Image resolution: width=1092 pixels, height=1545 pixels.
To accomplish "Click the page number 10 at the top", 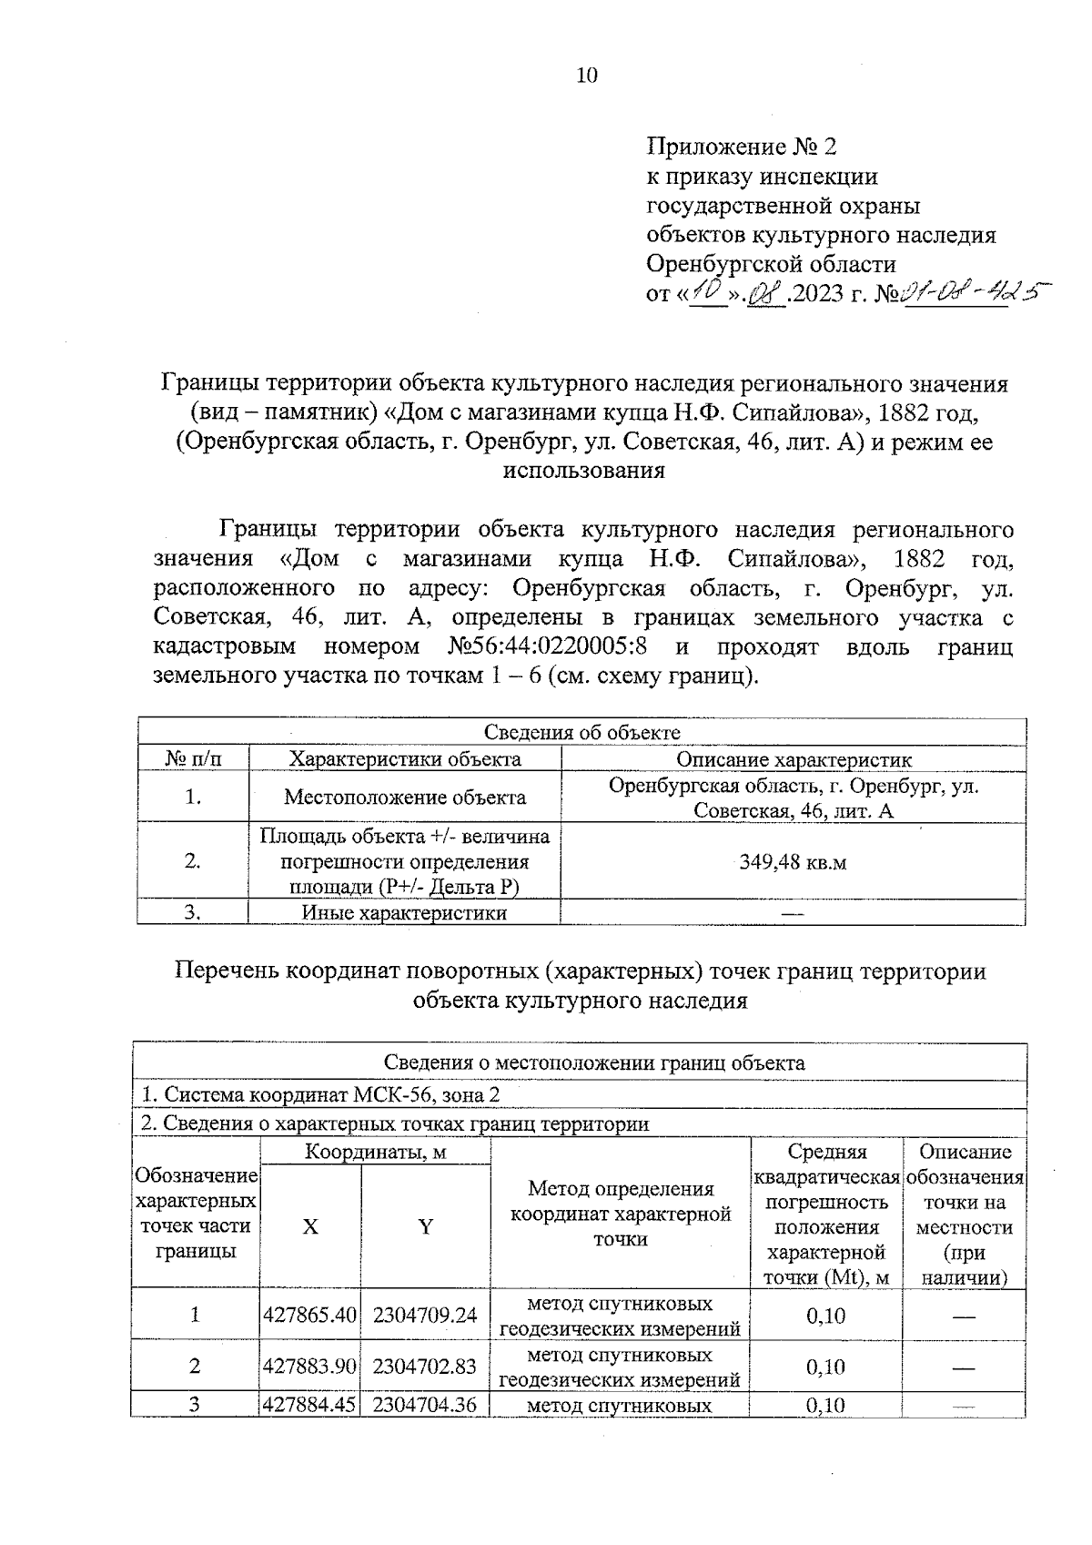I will tap(587, 76).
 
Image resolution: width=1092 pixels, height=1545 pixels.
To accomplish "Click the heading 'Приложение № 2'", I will tap(741, 147).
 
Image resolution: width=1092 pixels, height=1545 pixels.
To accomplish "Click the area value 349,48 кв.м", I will tap(793, 862).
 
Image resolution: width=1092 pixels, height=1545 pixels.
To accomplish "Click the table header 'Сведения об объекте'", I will tap(581, 733).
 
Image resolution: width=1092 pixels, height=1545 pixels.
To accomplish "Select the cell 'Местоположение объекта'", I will tap(404, 798).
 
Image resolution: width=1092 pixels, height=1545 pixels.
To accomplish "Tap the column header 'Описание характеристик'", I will tap(793, 759).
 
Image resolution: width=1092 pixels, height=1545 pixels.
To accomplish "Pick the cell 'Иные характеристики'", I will tap(404, 912).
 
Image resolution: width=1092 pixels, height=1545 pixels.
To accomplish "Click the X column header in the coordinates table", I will tap(310, 1226).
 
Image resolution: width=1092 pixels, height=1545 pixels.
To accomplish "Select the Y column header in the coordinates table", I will tap(425, 1226).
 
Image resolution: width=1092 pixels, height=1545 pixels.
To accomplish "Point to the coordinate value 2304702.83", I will tap(425, 1367).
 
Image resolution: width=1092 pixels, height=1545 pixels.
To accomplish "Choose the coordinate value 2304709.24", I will tap(425, 1316).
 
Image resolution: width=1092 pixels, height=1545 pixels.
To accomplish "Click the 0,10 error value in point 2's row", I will tap(826, 1367).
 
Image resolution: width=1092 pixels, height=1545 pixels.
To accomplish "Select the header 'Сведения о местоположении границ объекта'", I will tap(593, 1062).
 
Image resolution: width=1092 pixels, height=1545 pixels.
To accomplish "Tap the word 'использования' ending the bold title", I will tap(583, 472).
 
